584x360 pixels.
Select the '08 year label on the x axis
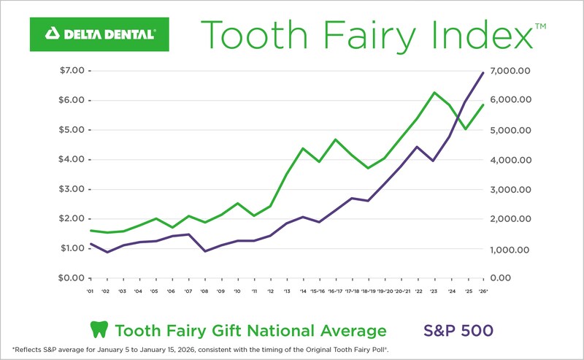(205, 291)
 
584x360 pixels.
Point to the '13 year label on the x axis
(286, 291)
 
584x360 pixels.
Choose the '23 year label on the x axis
(434, 291)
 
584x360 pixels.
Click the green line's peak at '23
(434, 93)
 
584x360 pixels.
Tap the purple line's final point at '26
(483, 72)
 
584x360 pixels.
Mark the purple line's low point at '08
(205, 251)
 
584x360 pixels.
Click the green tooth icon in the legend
(98, 329)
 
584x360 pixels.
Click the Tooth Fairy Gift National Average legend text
(250, 330)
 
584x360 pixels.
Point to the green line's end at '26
(483, 104)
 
